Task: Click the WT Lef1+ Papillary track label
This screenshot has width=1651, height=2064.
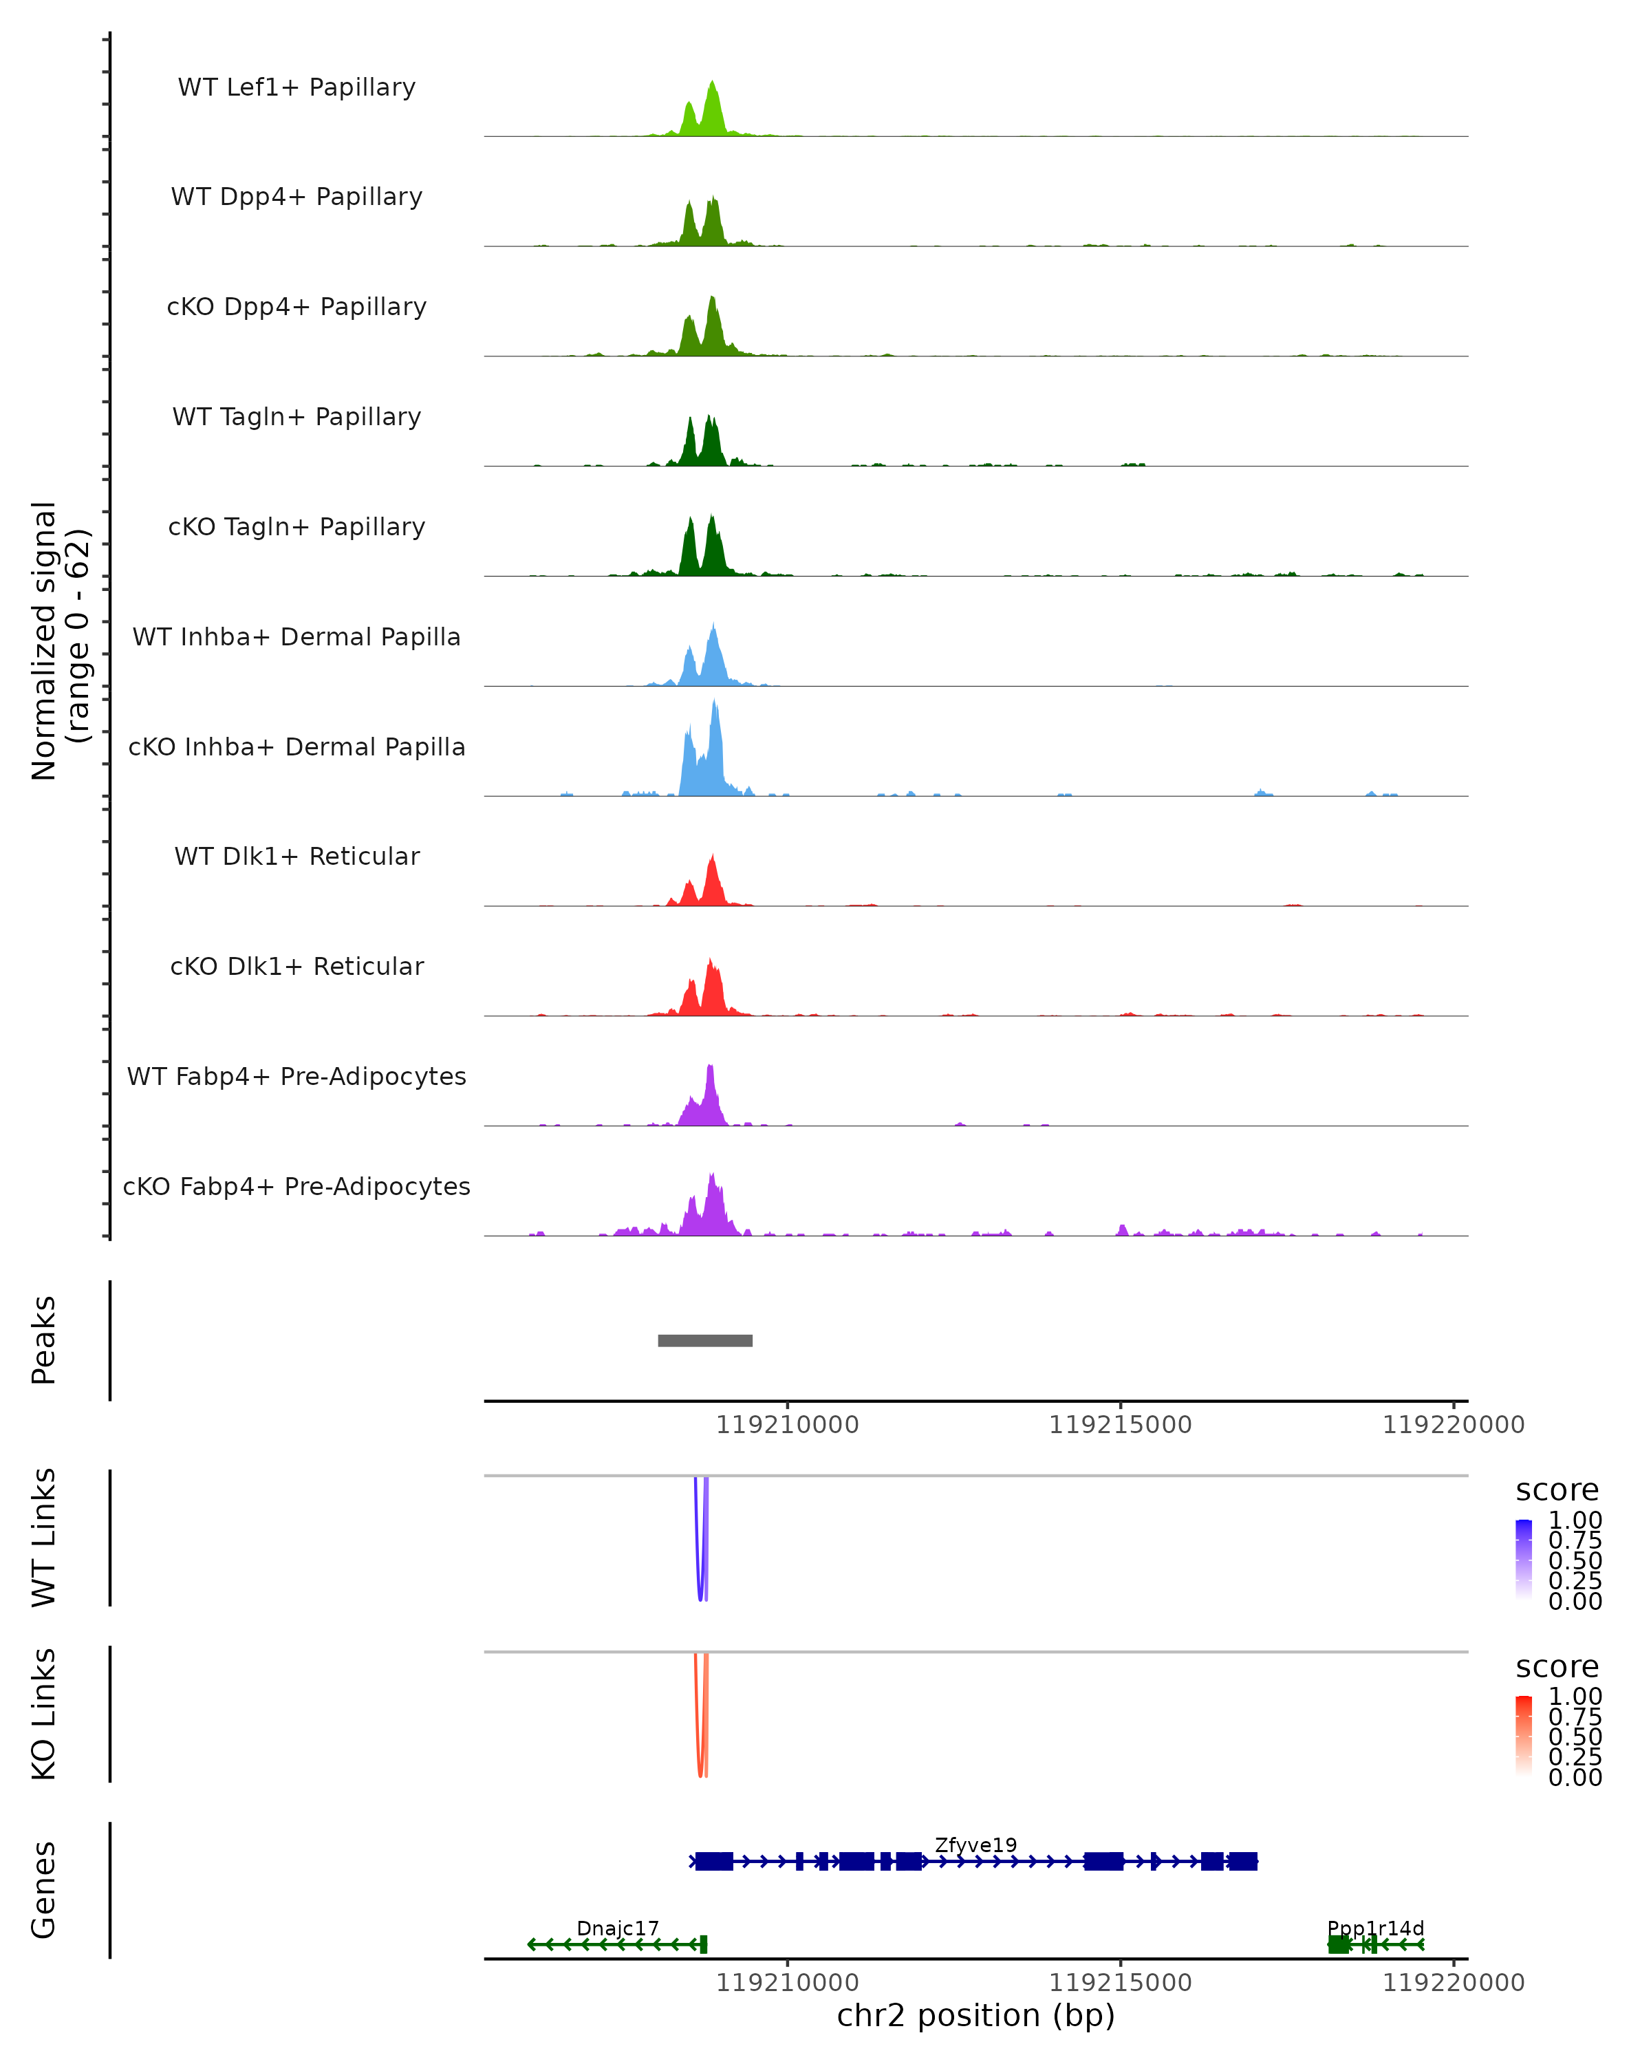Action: coord(296,87)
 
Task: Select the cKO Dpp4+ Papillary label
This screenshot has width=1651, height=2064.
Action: coord(296,308)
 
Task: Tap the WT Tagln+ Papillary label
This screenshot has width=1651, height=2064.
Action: coord(296,418)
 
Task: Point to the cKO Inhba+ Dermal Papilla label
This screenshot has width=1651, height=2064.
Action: coord(296,748)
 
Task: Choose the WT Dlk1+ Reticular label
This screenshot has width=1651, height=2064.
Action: coord(296,857)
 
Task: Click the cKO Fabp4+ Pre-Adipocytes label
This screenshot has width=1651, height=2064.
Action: coord(296,1187)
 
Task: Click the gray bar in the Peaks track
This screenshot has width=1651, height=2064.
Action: coord(705,1340)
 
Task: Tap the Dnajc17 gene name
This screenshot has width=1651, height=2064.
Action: coord(617,1928)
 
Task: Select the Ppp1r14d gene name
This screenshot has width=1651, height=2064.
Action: coord(1375,1928)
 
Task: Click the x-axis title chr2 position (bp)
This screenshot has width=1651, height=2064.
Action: coord(975,2016)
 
